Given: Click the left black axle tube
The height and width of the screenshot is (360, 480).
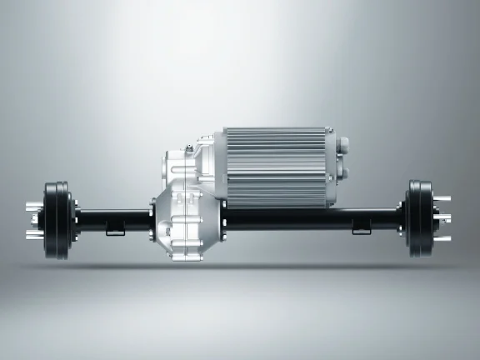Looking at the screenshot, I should click(x=112, y=218).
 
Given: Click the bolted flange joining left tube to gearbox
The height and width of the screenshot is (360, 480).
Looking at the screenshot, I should click(x=152, y=218).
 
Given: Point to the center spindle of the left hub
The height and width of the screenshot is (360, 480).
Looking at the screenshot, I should click(x=35, y=217).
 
